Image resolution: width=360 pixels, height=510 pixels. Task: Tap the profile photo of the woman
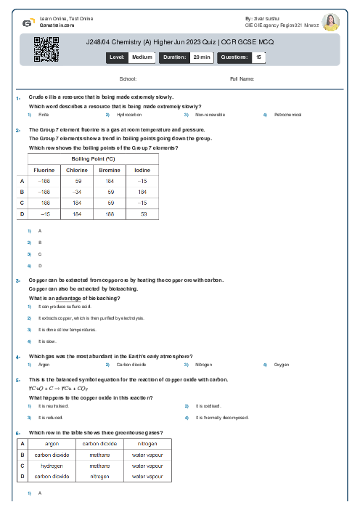(x=330, y=22)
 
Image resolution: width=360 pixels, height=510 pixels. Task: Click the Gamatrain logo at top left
(x=27, y=23)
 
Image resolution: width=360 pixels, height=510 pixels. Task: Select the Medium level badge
(x=142, y=56)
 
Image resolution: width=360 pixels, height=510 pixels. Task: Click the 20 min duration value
(x=201, y=56)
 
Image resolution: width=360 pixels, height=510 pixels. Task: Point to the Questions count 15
(x=258, y=56)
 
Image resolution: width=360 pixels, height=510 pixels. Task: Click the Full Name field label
(x=242, y=78)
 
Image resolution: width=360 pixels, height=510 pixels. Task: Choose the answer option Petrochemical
(x=287, y=115)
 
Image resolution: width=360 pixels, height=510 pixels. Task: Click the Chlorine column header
(x=77, y=170)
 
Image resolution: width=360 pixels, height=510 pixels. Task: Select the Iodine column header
(x=142, y=170)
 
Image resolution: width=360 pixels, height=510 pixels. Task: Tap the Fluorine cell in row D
(x=44, y=214)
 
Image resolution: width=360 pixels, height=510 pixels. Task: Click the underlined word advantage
(x=67, y=298)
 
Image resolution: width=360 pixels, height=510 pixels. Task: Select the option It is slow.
(x=47, y=341)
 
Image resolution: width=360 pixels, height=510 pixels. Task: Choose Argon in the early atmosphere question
(x=44, y=365)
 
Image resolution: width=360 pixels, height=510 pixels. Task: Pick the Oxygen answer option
(x=282, y=365)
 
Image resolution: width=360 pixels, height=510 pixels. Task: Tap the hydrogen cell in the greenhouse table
(x=52, y=466)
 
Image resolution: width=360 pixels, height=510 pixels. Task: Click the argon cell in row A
(x=52, y=443)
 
